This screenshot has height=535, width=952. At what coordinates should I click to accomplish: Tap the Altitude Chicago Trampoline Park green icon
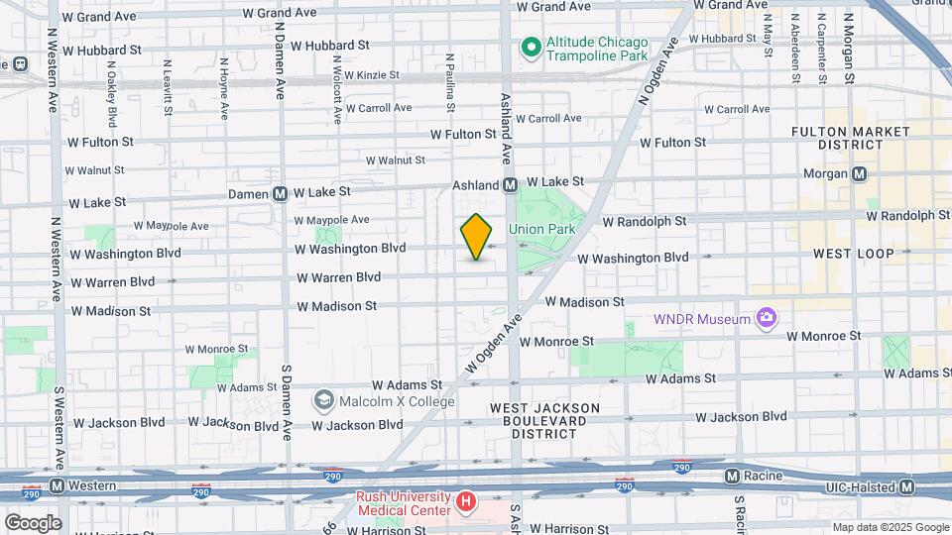tap(531, 48)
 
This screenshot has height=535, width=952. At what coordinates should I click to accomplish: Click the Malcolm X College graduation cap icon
tap(323, 400)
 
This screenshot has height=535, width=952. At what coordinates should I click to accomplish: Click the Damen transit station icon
tap(281, 193)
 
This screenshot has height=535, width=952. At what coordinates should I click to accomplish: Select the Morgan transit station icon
tap(859, 173)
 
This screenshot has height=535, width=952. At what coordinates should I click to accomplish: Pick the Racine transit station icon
tap(732, 476)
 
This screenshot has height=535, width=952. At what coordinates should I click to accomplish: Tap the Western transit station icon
tap(57, 485)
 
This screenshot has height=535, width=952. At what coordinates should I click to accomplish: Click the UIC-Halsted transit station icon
tap(906, 486)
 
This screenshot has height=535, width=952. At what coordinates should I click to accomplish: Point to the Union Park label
tap(541, 230)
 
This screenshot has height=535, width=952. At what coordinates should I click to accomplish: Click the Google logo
tap(32, 522)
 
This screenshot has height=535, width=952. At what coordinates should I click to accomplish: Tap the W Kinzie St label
tap(366, 74)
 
